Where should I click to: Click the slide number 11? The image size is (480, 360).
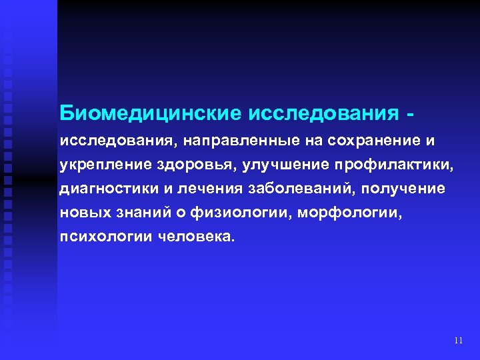(457, 341)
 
